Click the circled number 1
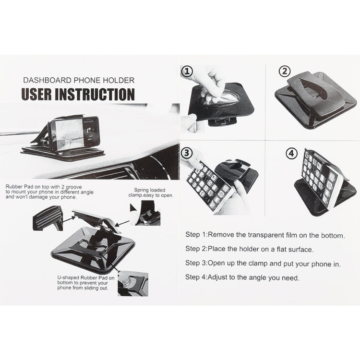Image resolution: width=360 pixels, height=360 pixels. (187, 72)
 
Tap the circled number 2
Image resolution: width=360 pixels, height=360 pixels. (285, 72)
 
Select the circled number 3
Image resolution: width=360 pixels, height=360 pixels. (187, 153)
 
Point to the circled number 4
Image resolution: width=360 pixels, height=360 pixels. (291, 154)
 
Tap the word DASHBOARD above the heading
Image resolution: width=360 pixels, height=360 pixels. (45, 80)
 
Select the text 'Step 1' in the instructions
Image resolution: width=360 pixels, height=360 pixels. (196, 235)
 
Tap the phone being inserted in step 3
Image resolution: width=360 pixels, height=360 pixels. (209, 185)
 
